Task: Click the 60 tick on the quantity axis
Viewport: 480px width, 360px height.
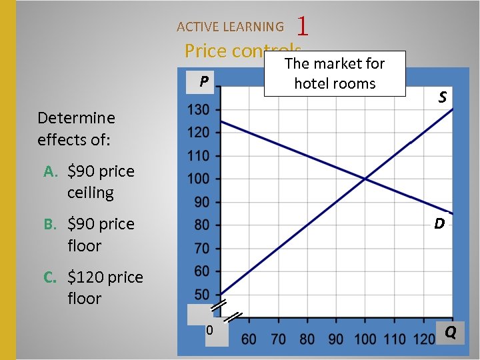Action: tap(249, 339)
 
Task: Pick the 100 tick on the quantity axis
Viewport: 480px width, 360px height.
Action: tap(365, 339)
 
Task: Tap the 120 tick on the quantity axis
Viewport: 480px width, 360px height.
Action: tap(424, 339)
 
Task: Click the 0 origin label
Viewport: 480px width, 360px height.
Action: tap(209, 331)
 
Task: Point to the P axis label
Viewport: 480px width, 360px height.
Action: tap(204, 82)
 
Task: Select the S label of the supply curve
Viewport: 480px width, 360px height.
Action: tap(442, 97)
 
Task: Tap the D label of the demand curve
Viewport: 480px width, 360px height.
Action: tap(439, 224)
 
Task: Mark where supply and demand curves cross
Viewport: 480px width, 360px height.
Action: tap(365, 179)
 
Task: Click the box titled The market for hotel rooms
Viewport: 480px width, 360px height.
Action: tap(335, 73)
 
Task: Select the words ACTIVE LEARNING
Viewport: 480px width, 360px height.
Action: tap(230, 27)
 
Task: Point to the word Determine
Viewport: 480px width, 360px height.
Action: tap(76, 118)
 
